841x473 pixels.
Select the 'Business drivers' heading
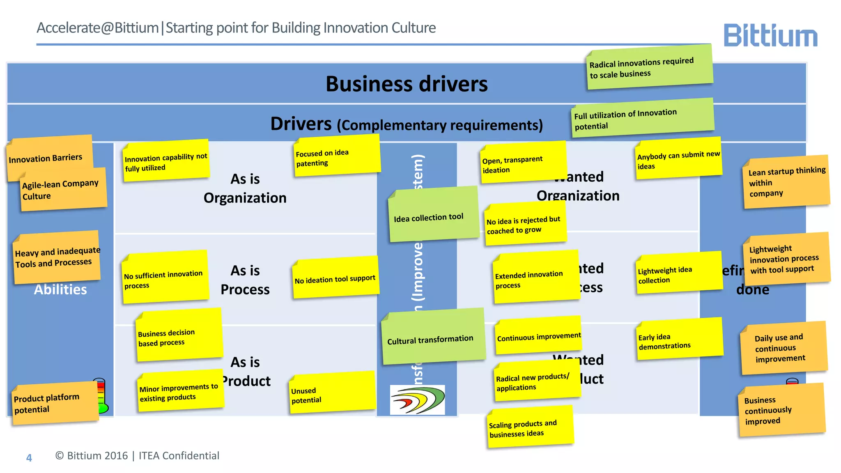(x=406, y=84)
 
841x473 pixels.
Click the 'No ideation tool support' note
(x=335, y=278)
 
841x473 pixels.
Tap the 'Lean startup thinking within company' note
(x=786, y=182)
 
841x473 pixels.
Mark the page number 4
(x=29, y=457)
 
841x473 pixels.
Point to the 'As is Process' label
(x=245, y=280)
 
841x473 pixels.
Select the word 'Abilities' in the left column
(x=60, y=290)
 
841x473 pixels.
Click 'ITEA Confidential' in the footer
(x=179, y=456)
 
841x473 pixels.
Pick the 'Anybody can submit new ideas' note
(x=678, y=159)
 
